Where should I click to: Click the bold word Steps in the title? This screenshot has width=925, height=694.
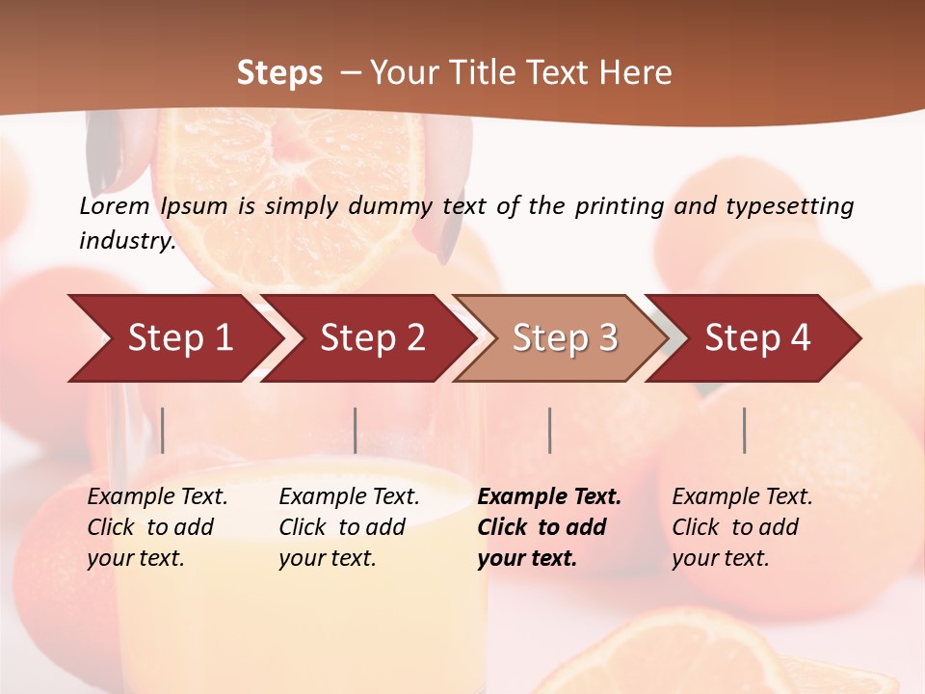click(x=279, y=73)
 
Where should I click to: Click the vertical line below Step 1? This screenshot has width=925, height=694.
click(x=163, y=430)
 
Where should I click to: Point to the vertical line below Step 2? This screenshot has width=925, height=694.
click(x=356, y=430)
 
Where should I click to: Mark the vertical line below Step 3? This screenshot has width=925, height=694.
click(x=549, y=430)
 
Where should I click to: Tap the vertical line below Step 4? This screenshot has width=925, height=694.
click(x=744, y=430)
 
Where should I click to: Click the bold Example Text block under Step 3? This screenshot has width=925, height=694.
click(x=549, y=527)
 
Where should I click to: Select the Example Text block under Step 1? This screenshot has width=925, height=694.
click(x=157, y=527)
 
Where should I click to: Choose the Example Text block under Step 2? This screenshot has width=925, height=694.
click(x=349, y=527)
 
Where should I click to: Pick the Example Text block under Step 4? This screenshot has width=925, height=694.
click(x=742, y=527)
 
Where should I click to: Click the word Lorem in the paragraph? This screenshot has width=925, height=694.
click(x=115, y=206)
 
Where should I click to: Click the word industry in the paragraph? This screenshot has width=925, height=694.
click(x=125, y=241)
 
